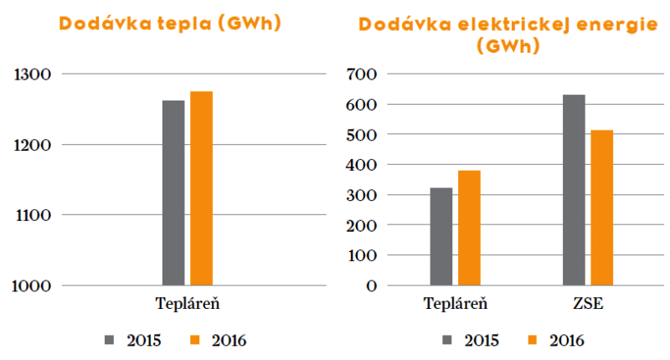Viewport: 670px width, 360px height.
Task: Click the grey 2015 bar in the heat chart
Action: pyautogui.click(x=173, y=193)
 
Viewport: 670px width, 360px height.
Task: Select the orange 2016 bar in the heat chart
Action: pyautogui.click(x=201, y=188)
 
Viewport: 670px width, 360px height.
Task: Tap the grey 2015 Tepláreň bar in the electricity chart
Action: pyautogui.click(x=441, y=237)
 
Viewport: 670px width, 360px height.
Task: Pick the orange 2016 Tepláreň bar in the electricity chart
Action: pyautogui.click(x=469, y=228)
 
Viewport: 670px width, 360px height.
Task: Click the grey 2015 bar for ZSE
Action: pyautogui.click(x=574, y=190)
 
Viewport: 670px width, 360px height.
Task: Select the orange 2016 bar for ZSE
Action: pyautogui.click(x=601, y=208)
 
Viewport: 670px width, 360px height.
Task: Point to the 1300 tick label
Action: pyautogui.click(x=33, y=75)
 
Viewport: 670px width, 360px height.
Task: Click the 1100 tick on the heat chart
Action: pyautogui.click(x=33, y=215)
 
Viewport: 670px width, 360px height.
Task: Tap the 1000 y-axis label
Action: pyautogui.click(x=32, y=285)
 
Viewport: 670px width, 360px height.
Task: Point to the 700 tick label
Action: pyautogui.click(x=362, y=75)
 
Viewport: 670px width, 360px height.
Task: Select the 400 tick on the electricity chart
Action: pyautogui.click(x=362, y=165)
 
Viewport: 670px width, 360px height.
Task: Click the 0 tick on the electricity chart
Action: pyautogui.click(x=372, y=285)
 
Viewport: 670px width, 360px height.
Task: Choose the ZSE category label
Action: pyautogui.click(x=588, y=304)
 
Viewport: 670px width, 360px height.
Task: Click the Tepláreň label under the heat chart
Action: pyautogui.click(x=188, y=304)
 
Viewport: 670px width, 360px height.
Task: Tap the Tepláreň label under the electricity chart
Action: pyautogui.click(x=456, y=304)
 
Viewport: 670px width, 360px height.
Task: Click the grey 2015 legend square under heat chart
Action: pyautogui.click(x=110, y=340)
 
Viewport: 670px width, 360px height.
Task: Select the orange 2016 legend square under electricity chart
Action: pyautogui.click(x=533, y=340)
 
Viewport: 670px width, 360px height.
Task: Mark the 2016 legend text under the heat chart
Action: pyautogui.click(x=229, y=341)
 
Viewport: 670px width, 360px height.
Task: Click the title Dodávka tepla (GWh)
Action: pyautogui.click(x=170, y=23)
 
